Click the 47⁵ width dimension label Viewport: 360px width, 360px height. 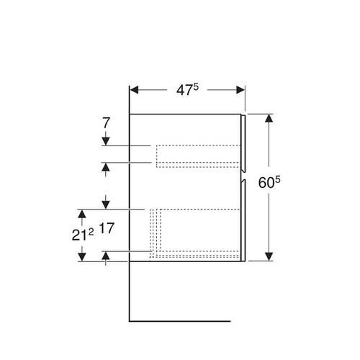tap(187, 90)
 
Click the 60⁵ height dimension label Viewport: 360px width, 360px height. tap(269, 182)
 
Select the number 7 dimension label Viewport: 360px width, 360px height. tap(106, 122)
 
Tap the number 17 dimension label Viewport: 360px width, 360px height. tap(107, 228)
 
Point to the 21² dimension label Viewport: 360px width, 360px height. tap(83, 235)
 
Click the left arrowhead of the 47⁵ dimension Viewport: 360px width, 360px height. tap(134, 90)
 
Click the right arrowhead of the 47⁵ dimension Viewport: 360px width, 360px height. tap(240, 90)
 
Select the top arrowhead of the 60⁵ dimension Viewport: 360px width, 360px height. tap(269, 118)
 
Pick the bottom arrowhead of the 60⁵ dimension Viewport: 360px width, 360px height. tap(269, 256)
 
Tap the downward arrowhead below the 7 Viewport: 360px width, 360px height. tap(106, 141)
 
